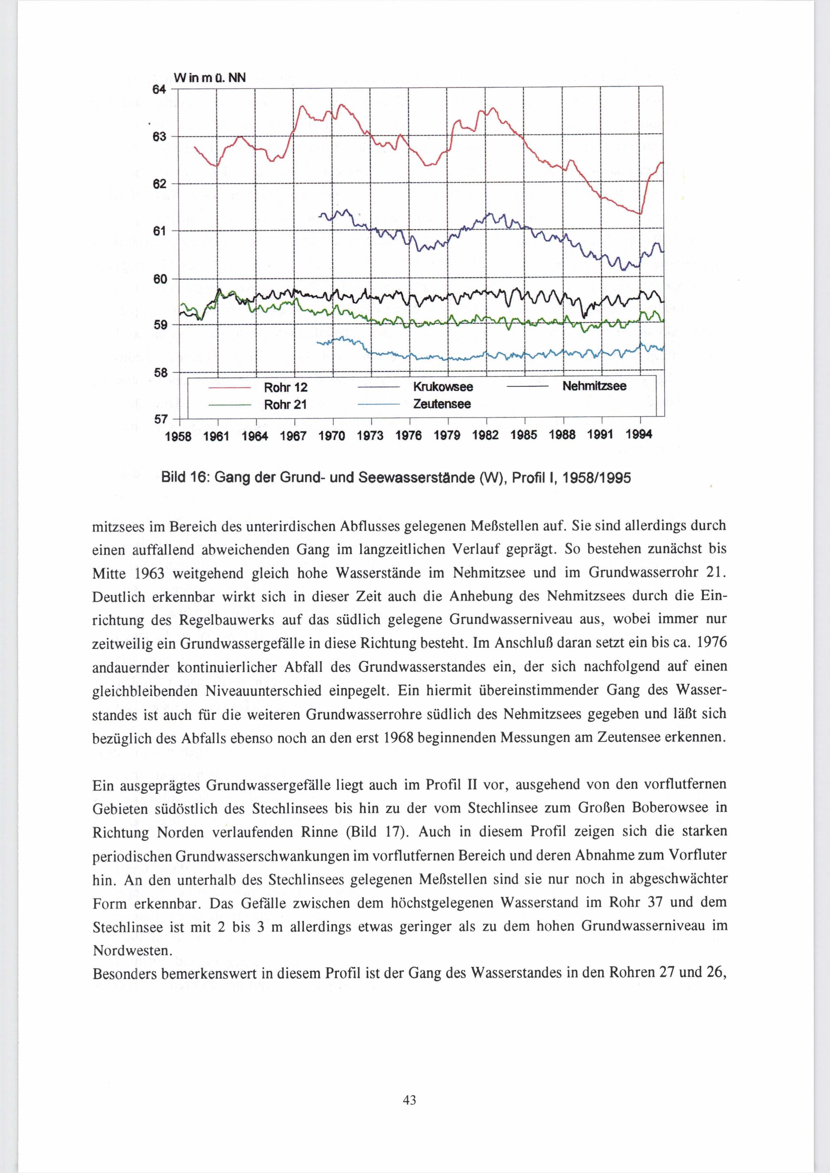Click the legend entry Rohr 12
pyautogui.click(x=285, y=388)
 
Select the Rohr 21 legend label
pyautogui.click(x=285, y=405)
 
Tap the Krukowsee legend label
pyautogui.click(x=443, y=387)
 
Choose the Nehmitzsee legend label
pyautogui.click(x=594, y=386)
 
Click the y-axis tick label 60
pyautogui.click(x=161, y=279)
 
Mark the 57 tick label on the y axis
pyautogui.click(x=161, y=419)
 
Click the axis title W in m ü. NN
pyautogui.click(x=210, y=78)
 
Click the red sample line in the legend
pyautogui.click(x=228, y=389)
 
